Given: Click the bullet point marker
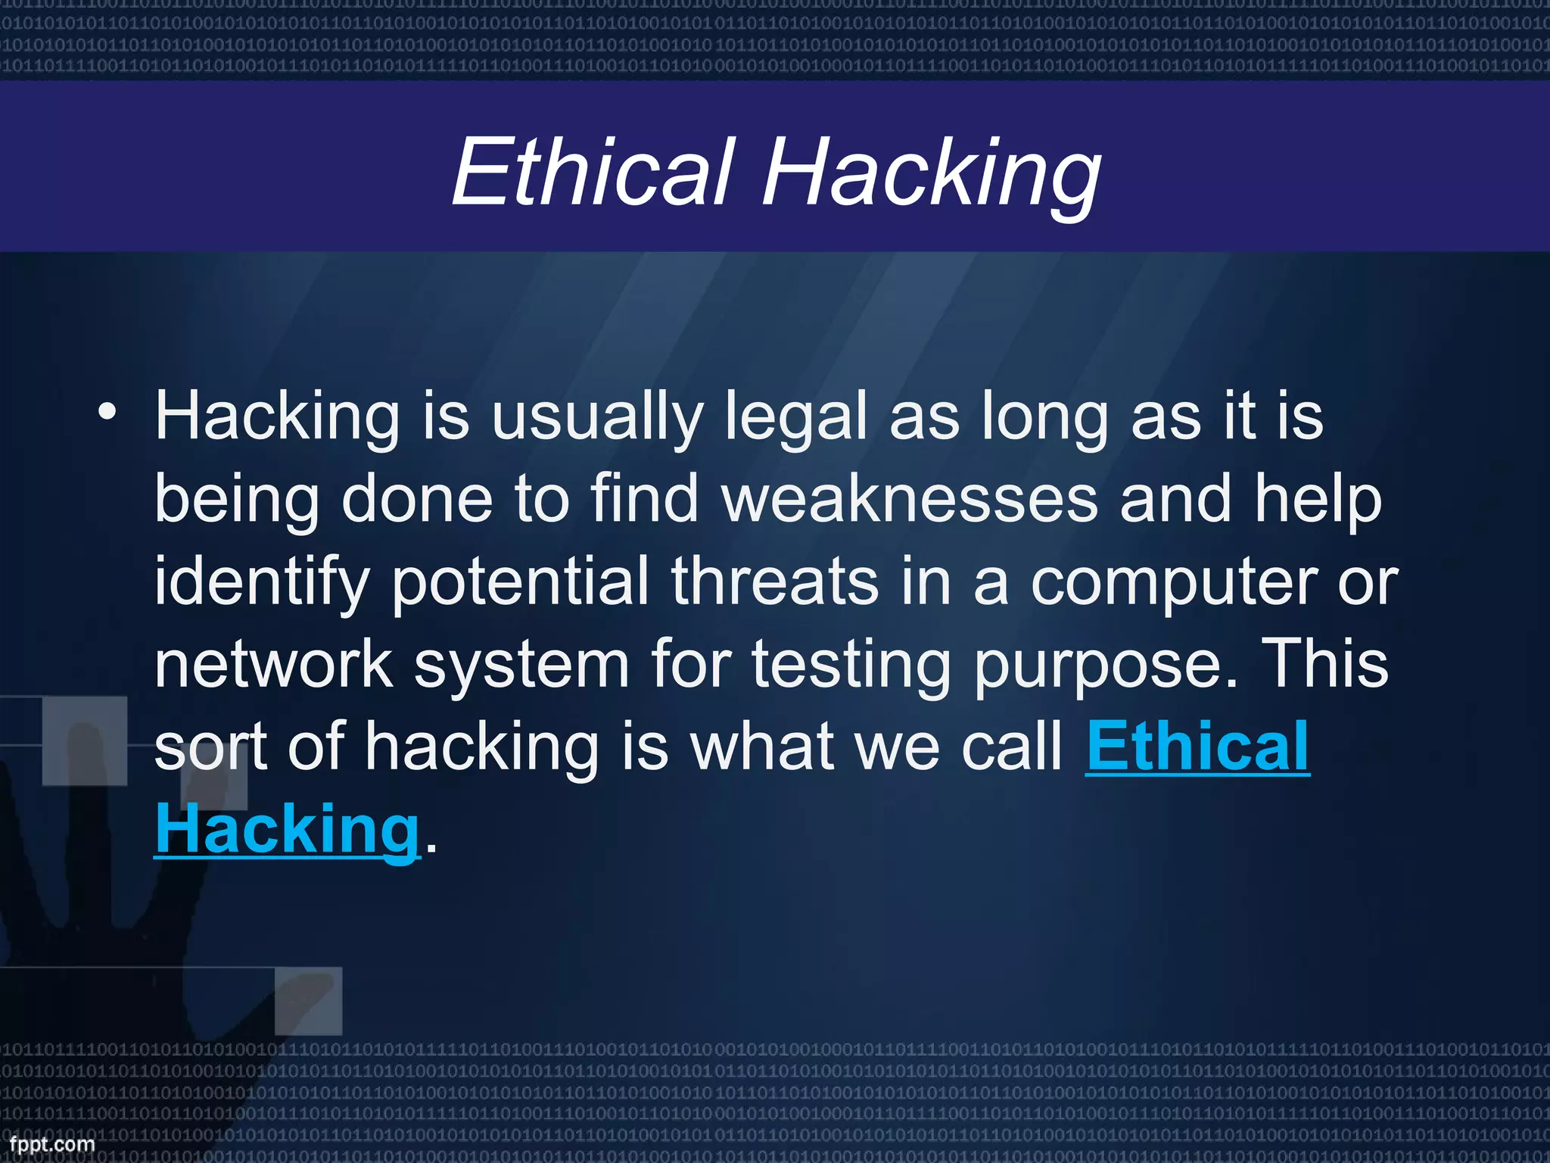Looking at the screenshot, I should click(107, 413).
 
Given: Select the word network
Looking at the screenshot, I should click(273, 664).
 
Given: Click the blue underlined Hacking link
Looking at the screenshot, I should click(287, 830).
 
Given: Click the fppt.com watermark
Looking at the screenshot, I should click(52, 1144).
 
